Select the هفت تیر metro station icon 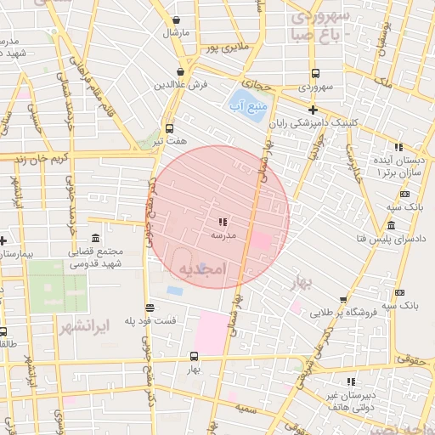pos(169,130)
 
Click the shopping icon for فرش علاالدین pos(179,73)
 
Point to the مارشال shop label pos(177,33)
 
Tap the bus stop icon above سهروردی pos(315,73)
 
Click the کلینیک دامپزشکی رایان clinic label pos(310,123)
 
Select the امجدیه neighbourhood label pos(202,269)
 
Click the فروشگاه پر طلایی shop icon pos(342,300)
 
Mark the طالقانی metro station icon pos(3,332)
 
